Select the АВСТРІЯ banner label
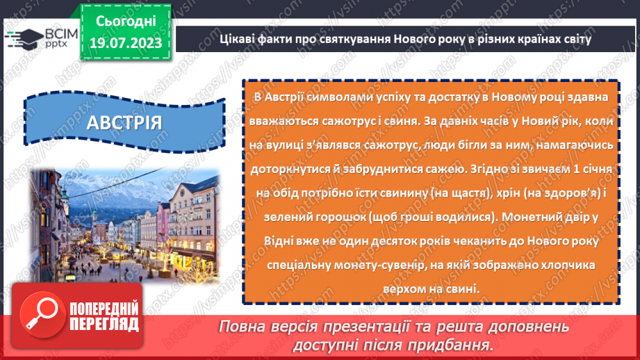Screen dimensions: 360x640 tap(125, 122)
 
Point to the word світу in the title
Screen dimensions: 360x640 tap(575, 38)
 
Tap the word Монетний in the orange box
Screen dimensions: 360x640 tap(532, 217)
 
